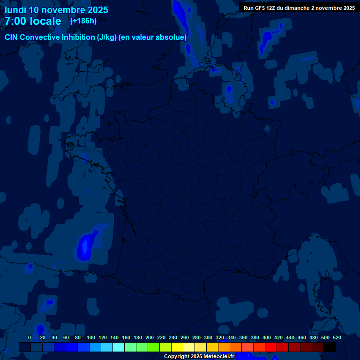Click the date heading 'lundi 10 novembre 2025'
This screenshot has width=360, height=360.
[x=56, y=10]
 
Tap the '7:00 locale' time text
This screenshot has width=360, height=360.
[x=33, y=21]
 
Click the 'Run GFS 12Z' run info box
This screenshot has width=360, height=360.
[x=299, y=7]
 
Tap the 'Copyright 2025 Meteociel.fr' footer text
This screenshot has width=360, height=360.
[x=199, y=356]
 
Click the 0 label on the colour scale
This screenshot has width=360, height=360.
[x=30, y=337]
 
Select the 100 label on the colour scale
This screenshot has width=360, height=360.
[x=91, y=337]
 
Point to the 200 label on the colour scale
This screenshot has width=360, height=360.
[x=150, y=337]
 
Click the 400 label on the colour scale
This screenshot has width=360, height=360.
[x=267, y=337]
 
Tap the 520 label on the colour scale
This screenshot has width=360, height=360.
[x=337, y=337]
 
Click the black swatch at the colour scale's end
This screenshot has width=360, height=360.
[x=330, y=347]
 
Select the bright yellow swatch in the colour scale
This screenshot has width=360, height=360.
[x=177, y=347]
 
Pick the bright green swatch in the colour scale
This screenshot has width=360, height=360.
[x=154, y=347]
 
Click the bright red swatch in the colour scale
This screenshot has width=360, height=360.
[x=271, y=347]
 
